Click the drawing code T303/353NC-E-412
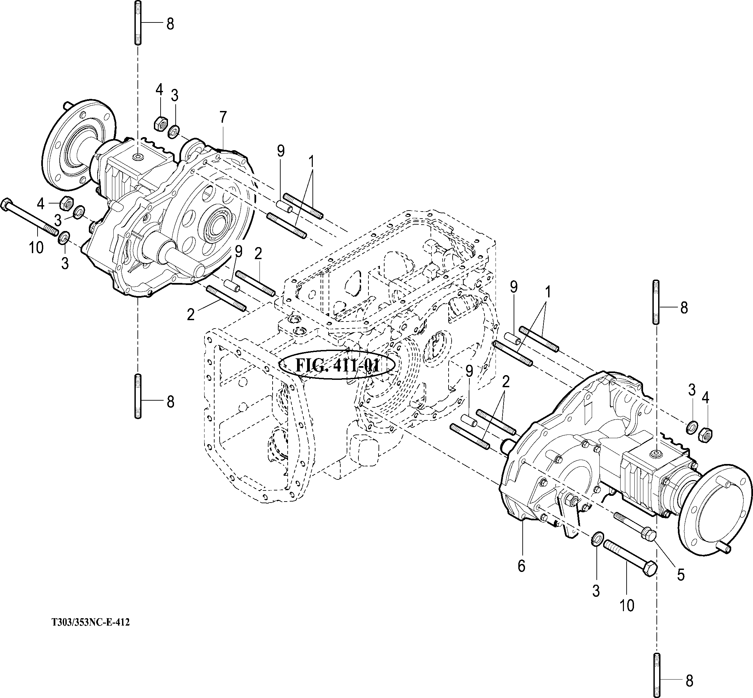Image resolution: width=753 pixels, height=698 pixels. coord(91,623)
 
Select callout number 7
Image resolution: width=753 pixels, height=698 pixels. coord(223,118)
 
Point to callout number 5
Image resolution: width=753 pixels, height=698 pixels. coord(681,575)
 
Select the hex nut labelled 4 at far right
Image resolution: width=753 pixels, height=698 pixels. coord(706,435)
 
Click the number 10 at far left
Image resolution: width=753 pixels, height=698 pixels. coord(36,248)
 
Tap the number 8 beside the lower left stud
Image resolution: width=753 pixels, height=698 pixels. coord(170,402)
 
